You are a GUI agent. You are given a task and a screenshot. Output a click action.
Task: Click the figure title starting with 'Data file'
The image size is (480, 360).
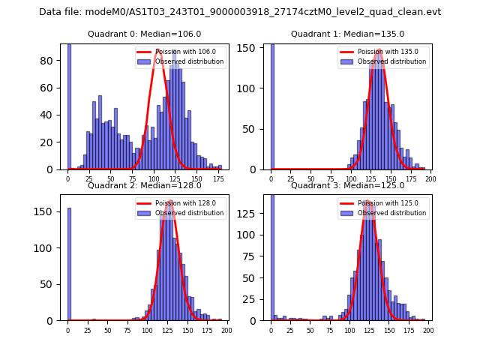[x=240, y=12]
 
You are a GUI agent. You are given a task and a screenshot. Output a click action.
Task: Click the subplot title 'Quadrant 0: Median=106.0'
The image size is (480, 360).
[x=145, y=34]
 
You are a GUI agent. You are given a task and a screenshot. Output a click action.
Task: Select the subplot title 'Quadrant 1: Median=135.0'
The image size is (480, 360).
[x=347, y=34]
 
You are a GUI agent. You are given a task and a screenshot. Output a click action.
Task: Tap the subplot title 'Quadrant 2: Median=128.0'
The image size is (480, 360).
[x=145, y=185]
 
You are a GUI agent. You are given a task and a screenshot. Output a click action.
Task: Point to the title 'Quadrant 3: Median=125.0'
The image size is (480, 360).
[x=347, y=185]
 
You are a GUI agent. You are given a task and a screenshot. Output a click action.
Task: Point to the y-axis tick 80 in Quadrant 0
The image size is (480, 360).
[x=51, y=61]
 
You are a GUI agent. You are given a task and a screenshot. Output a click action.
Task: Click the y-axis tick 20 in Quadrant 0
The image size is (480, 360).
[x=51, y=142]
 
